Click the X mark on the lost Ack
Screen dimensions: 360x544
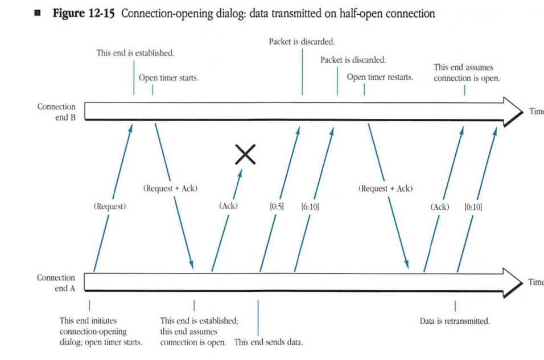[x=245, y=154]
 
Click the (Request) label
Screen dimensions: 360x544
[x=109, y=207]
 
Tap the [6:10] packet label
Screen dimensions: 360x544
[x=310, y=207]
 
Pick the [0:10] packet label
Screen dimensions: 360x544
[x=473, y=207]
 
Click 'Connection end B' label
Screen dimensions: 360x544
[x=56, y=112]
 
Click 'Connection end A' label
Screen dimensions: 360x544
[x=56, y=283]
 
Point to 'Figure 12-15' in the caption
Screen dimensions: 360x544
[x=84, y=14]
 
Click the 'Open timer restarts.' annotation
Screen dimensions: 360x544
[x=380, y=77]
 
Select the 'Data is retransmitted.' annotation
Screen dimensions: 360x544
[x=454, y=321]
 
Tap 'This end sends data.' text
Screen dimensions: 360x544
[x=269, y=342]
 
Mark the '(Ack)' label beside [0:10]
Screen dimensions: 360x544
[x=440, y=207]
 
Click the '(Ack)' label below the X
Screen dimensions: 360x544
[x=228, y=207]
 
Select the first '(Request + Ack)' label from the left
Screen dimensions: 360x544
[x=171, y=188]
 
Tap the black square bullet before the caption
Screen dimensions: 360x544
[x=39, y=14]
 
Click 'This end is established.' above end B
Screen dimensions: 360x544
[x=135, y=53]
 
